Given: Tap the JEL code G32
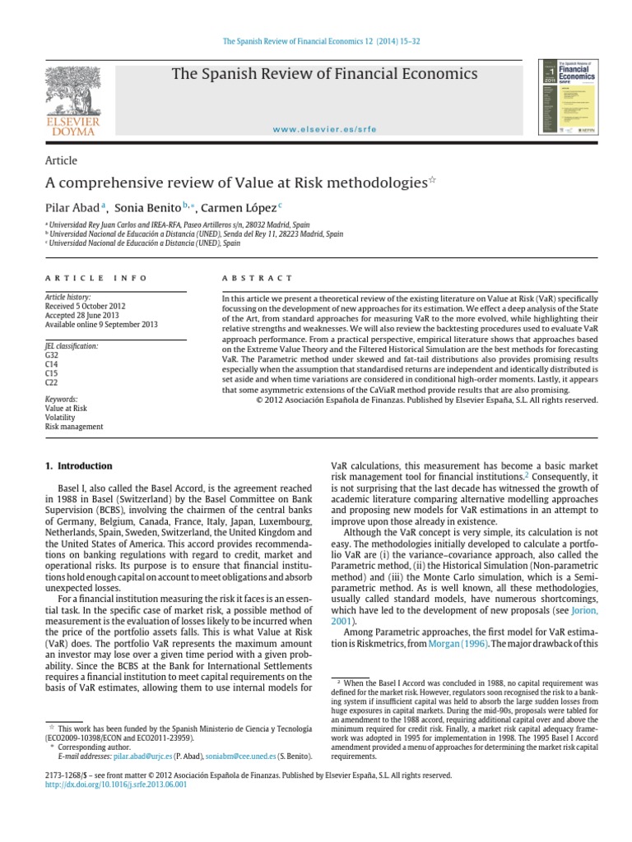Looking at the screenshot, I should point(52,355).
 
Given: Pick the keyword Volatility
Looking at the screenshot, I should point(61,416).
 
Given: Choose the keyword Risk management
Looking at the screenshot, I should point(74,427).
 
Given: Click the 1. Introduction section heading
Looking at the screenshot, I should point(78,466).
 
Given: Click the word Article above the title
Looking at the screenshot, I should point(61,161).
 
